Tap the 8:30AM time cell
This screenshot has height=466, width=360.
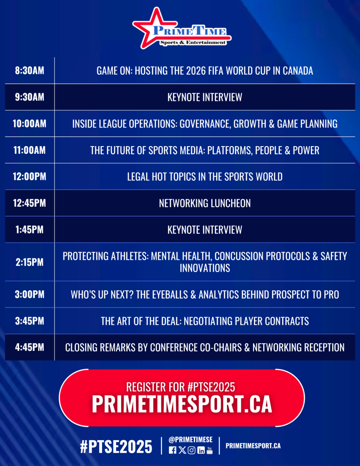30,71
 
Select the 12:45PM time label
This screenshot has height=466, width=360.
30,203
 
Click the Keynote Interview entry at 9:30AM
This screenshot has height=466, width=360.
205,97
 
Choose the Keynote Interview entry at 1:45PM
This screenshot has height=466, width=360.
205,230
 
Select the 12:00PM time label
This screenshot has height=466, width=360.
30,177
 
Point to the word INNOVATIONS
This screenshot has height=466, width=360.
205,268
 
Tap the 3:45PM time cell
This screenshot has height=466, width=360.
30,321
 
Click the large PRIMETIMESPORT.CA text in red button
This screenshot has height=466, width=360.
182,404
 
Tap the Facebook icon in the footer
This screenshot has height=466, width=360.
172,450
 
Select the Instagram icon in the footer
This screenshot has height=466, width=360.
192,450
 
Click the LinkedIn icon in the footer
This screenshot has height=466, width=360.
201,450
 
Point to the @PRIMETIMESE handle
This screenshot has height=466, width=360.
191,440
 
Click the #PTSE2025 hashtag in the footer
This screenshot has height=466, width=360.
116,447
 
